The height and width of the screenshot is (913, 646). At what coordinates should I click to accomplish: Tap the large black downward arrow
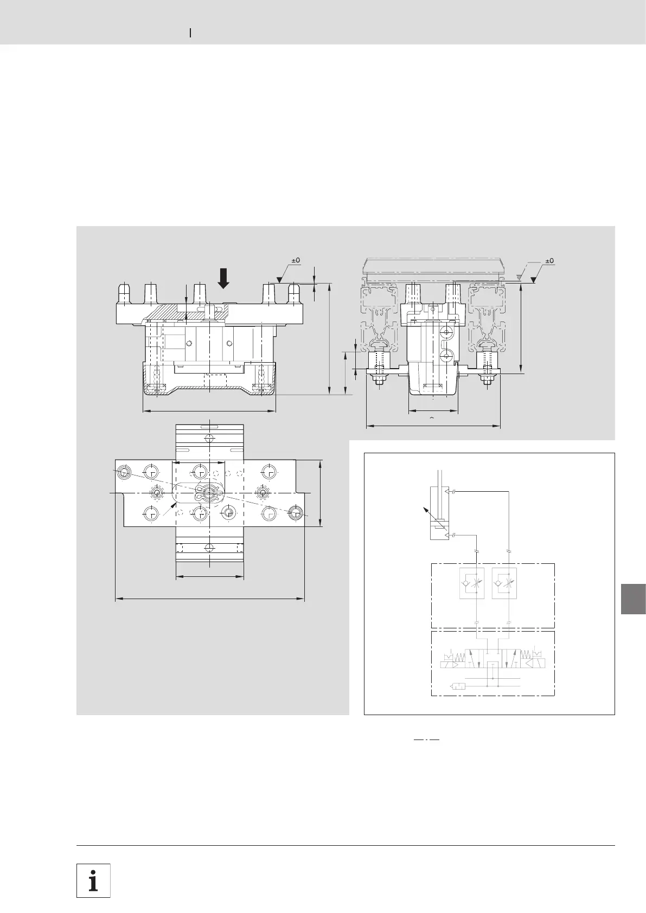[223, 278]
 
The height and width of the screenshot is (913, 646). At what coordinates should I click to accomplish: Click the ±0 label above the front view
[296, 260]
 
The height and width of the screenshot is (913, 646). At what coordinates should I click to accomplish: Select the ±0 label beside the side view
[549, 261]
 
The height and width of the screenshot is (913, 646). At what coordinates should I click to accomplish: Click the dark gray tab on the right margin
[634, 599]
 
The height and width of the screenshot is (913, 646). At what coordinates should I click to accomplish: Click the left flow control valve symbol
[472, 583]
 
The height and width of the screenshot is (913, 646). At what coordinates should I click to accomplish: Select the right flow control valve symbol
[504, 583]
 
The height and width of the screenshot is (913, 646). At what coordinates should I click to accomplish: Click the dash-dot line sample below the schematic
[426, 740]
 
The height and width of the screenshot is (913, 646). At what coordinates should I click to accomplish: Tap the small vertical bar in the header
[190, 33]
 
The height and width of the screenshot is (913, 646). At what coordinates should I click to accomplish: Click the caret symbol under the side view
[432, 418]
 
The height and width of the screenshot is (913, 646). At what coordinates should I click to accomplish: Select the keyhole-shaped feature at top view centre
[209, 493]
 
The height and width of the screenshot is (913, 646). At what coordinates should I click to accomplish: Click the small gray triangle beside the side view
[518, 278]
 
